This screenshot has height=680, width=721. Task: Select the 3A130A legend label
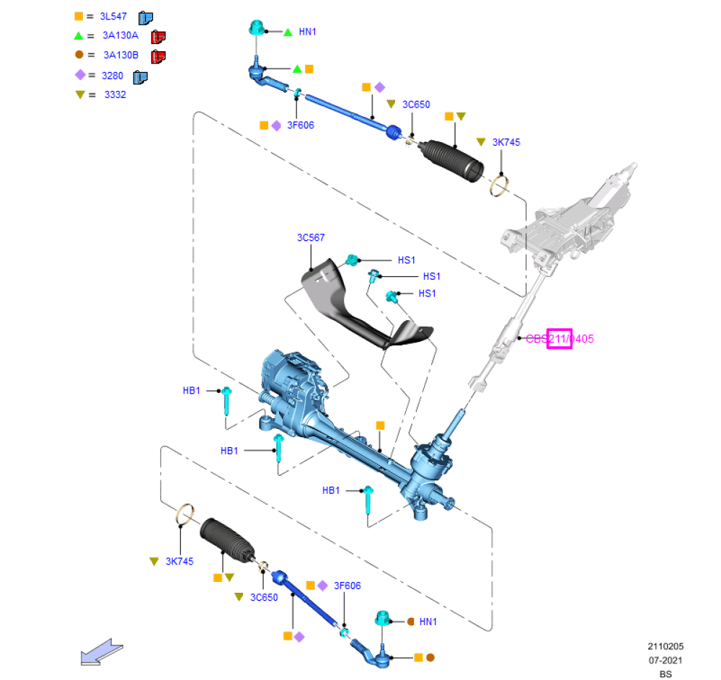(120, 35)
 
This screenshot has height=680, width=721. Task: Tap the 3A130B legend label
(120, 55)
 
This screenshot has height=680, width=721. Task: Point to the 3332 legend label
(115, 94)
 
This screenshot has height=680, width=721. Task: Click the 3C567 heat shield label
(311, 237)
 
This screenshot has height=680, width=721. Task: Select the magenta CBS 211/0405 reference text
(559, 338)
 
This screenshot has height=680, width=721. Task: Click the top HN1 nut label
(307, 32)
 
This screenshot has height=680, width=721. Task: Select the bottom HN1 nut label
(428, 621)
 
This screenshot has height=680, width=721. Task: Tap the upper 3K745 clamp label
(506, 142)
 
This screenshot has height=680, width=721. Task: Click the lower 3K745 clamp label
(180, 561)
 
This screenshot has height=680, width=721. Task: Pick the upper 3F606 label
(301, 125)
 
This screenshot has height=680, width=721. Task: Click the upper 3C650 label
(416, 104)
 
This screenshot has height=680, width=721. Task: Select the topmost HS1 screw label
(407, 260)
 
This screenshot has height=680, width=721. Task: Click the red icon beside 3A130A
(159, 36)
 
